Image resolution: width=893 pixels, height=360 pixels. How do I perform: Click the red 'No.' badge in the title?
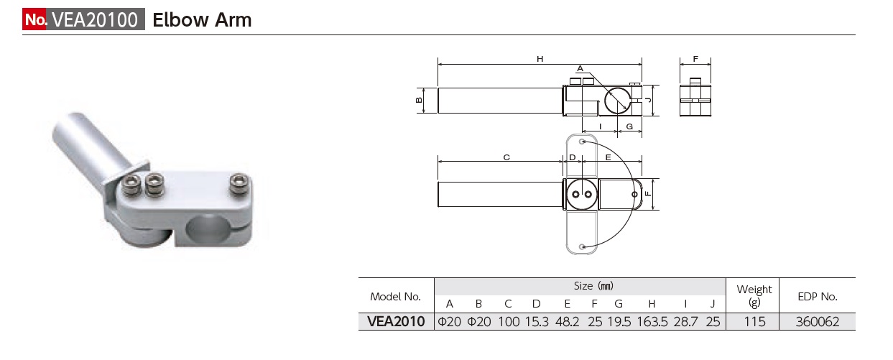pos(35,19)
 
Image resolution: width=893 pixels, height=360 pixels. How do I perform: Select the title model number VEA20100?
pos(94,19)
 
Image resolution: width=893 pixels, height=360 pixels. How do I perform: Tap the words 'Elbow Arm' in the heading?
pos(202,19)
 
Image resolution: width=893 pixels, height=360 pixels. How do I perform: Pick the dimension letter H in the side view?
pos(540,59)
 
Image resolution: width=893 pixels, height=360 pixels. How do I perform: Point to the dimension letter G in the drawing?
pos(629,127)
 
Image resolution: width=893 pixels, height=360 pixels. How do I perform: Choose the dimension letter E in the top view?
pos(608,157)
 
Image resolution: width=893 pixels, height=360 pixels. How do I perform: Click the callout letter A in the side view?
pos(580,68)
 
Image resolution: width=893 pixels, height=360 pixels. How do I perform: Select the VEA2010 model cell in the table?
pos(395,322)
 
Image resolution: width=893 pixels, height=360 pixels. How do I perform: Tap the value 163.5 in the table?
pos(652,322)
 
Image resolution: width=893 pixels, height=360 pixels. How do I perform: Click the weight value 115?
pos(754,322)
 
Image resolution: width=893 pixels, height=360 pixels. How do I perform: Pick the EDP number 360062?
pos(818,322)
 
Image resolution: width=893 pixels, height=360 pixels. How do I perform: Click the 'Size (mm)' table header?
pos(593,286)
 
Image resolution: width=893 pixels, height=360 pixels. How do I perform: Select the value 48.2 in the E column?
pos(568,322)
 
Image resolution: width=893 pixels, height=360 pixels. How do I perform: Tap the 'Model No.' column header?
pos(395,296)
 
